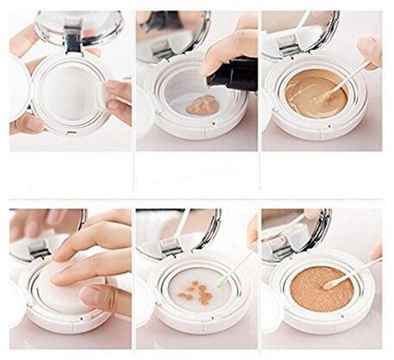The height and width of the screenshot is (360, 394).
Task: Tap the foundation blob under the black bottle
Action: point(202,105)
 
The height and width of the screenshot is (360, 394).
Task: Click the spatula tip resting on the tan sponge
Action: point(328,282)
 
